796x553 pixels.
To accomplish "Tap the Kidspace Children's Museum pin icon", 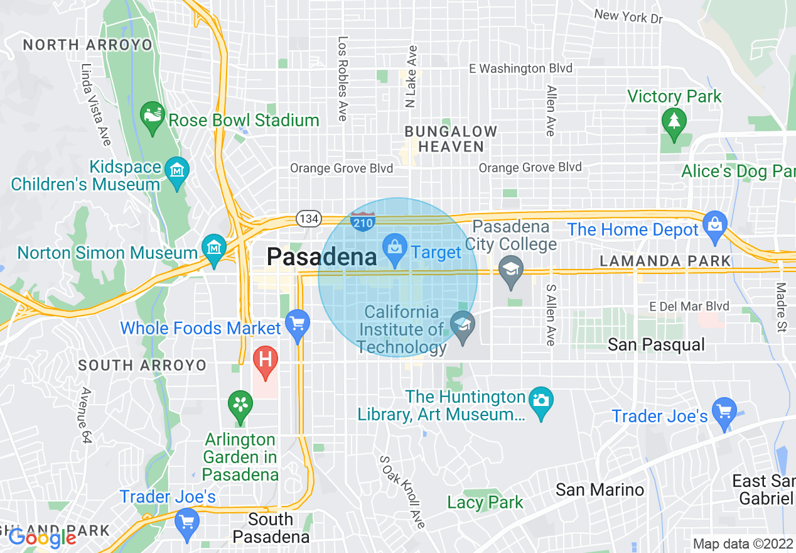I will coord(176,169).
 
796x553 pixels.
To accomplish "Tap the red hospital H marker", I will coord(266,361).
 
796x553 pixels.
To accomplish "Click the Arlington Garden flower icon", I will coord(240,405).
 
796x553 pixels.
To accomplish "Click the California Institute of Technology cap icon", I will coord(463,326).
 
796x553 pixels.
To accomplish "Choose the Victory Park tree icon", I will coord(674,121).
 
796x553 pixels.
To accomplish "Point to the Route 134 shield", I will coord(309,219).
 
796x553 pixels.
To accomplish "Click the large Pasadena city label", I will coord(321,256).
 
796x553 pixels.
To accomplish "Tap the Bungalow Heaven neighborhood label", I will coord(451,139).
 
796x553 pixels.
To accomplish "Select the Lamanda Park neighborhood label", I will coord(665,261).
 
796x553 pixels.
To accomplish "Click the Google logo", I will coord(42,538).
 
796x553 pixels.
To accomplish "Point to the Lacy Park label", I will coord(485,502).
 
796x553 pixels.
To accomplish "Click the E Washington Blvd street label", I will coord(522,68).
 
